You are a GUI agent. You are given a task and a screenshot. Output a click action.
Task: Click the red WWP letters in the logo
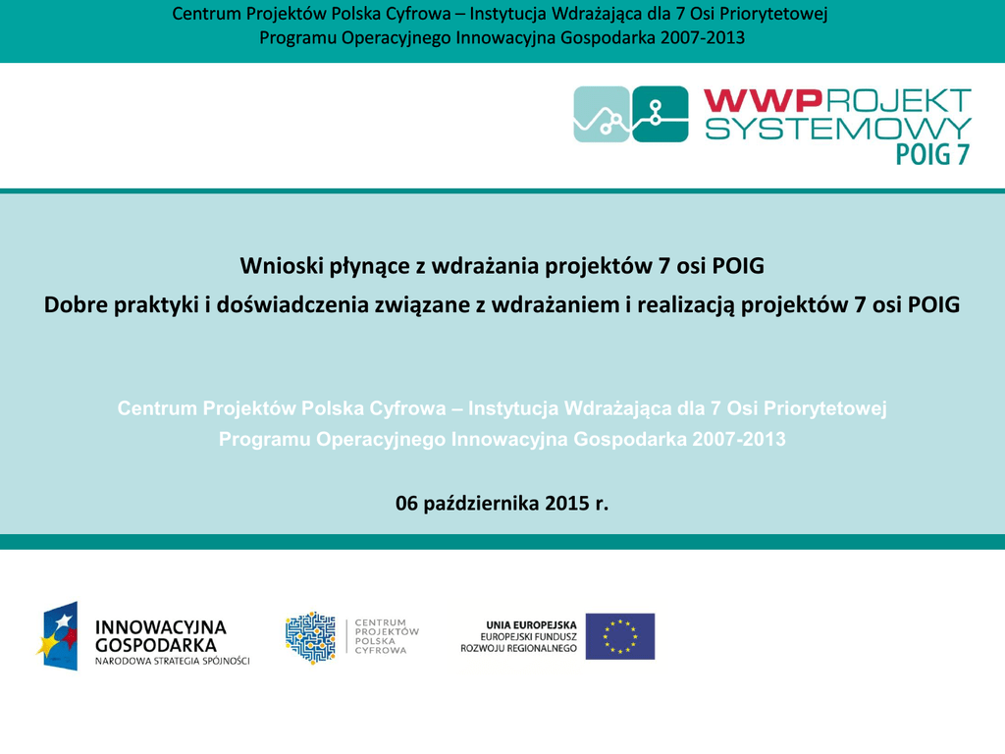click(x=763, y=101)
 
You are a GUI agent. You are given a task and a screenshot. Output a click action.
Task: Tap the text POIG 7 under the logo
click(x=932, y=154)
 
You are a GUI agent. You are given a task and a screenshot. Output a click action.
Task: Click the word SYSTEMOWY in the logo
click(x=838, y=129)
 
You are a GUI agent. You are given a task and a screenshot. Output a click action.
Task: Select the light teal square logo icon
click(x=602, y=114)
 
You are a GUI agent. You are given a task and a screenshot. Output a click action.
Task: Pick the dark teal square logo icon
click(x=661, y=114)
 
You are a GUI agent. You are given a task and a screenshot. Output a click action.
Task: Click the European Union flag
click(x=620, y=636)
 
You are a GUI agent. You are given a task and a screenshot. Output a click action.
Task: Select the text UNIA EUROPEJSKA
click(x=531, y=625)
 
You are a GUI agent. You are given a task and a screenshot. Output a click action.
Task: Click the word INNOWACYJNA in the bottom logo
click(x=161, y=627)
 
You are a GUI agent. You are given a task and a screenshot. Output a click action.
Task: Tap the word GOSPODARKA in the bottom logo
click(x=156, y=646)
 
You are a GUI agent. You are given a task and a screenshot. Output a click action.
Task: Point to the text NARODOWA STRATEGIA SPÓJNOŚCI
click(x=173, y=661)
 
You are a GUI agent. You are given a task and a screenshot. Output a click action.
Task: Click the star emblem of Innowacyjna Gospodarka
click(x=57, y=636)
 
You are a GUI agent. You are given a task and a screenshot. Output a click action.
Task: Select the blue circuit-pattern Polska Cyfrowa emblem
click(x=310, y=637)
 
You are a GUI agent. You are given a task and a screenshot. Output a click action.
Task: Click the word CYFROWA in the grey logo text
click(x=381, y=650)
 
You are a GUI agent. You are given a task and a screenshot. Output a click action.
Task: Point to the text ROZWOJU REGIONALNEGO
click(x=518, y=648)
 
